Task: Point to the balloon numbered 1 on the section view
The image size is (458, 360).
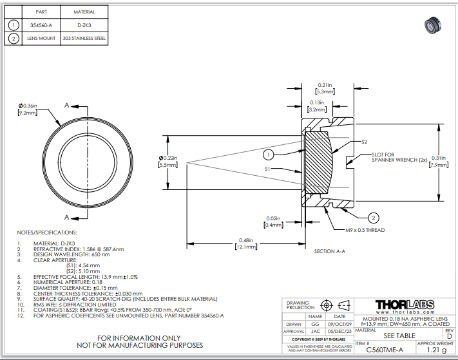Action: pos(269,154)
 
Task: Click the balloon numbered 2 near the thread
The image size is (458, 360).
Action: pos(374,217)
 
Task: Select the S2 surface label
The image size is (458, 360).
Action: pos(365,142)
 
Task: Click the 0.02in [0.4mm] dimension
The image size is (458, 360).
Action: pos(275,222)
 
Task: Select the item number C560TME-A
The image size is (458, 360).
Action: pos(385,350)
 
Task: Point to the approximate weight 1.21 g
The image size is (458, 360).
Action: pos(437,350)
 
